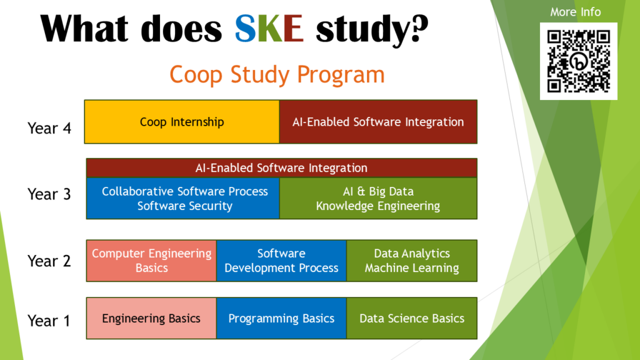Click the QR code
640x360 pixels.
point(578,61)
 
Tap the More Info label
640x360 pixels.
point(575,12)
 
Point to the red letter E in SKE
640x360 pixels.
point(294,29)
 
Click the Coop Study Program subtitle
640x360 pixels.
point(277,74)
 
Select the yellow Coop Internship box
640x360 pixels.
point(182,122)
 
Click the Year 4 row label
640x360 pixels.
point(49,128)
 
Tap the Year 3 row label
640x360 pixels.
point(49,194)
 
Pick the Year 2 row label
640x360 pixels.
point(49,261)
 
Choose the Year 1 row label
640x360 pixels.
point(49,321)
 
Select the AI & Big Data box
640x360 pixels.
point(378,198)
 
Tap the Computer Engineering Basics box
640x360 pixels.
point(151,261)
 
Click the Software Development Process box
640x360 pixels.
point(282,261)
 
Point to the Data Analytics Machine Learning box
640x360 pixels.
point(412,261)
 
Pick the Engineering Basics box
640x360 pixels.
point(151,318)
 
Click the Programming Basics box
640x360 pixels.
point(282,318)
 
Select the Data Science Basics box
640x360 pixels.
point(412,318)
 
